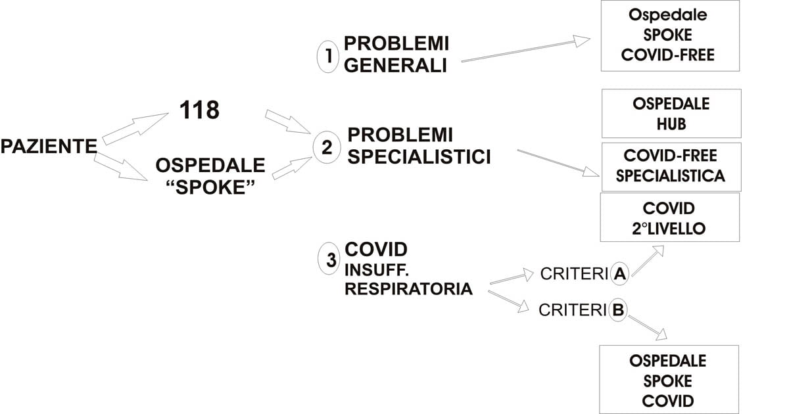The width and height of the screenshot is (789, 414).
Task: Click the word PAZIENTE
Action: tap(49, 146)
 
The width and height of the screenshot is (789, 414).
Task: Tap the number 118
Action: tap(199, 110)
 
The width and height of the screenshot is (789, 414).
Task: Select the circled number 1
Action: tap(328, 57)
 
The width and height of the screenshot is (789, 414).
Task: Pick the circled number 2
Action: tap(327, 147)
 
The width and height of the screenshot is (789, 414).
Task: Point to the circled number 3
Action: tap(329, 259)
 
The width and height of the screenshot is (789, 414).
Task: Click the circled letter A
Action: tap(619, 273)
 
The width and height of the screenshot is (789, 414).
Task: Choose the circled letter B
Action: tap(618, 310)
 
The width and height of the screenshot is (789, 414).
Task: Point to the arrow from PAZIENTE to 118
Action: tap(135, 129)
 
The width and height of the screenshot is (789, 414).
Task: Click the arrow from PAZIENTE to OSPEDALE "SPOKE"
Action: tap(121, 167)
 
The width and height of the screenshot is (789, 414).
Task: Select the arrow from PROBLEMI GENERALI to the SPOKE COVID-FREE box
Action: tap(526, 49)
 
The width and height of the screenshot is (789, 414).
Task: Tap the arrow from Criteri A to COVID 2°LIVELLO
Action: tap(648, 260)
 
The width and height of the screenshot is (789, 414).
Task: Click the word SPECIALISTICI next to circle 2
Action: tap(419, 156)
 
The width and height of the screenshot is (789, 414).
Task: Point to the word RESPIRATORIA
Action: tap(408, 288)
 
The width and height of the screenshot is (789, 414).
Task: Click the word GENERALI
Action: tap(395, 66)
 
